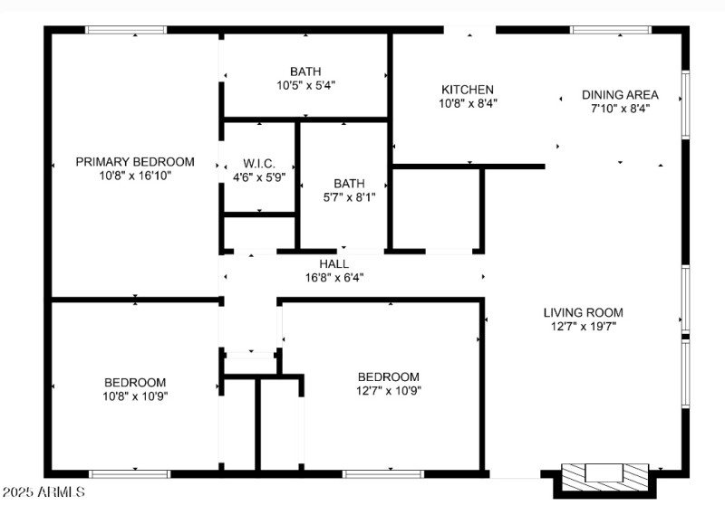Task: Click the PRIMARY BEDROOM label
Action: click(x=134, y=162)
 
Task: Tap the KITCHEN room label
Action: click(x=467, y=90)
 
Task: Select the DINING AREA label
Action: click(x=620, y=94)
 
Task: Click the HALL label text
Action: click(x=333, y=263)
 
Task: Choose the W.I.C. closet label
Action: click(x=258, y=164)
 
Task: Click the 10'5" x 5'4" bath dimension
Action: click(x=305, y=85)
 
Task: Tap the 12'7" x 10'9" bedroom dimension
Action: click(x=388, y=391)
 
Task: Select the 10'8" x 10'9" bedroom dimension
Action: click(x=134, y=396)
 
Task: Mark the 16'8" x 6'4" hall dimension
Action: click(x=334, y=277)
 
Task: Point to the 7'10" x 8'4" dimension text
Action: click(x=620, y=108)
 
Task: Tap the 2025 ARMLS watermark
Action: click(x=43, y=492)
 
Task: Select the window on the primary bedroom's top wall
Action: click(x=126, y=30)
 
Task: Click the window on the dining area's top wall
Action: click(x=610, y=30)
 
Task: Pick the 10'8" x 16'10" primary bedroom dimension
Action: click(x=134, y=176)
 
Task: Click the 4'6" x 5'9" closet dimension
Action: click(x=258, y=177)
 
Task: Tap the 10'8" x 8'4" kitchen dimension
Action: click(x=467, y=103)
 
